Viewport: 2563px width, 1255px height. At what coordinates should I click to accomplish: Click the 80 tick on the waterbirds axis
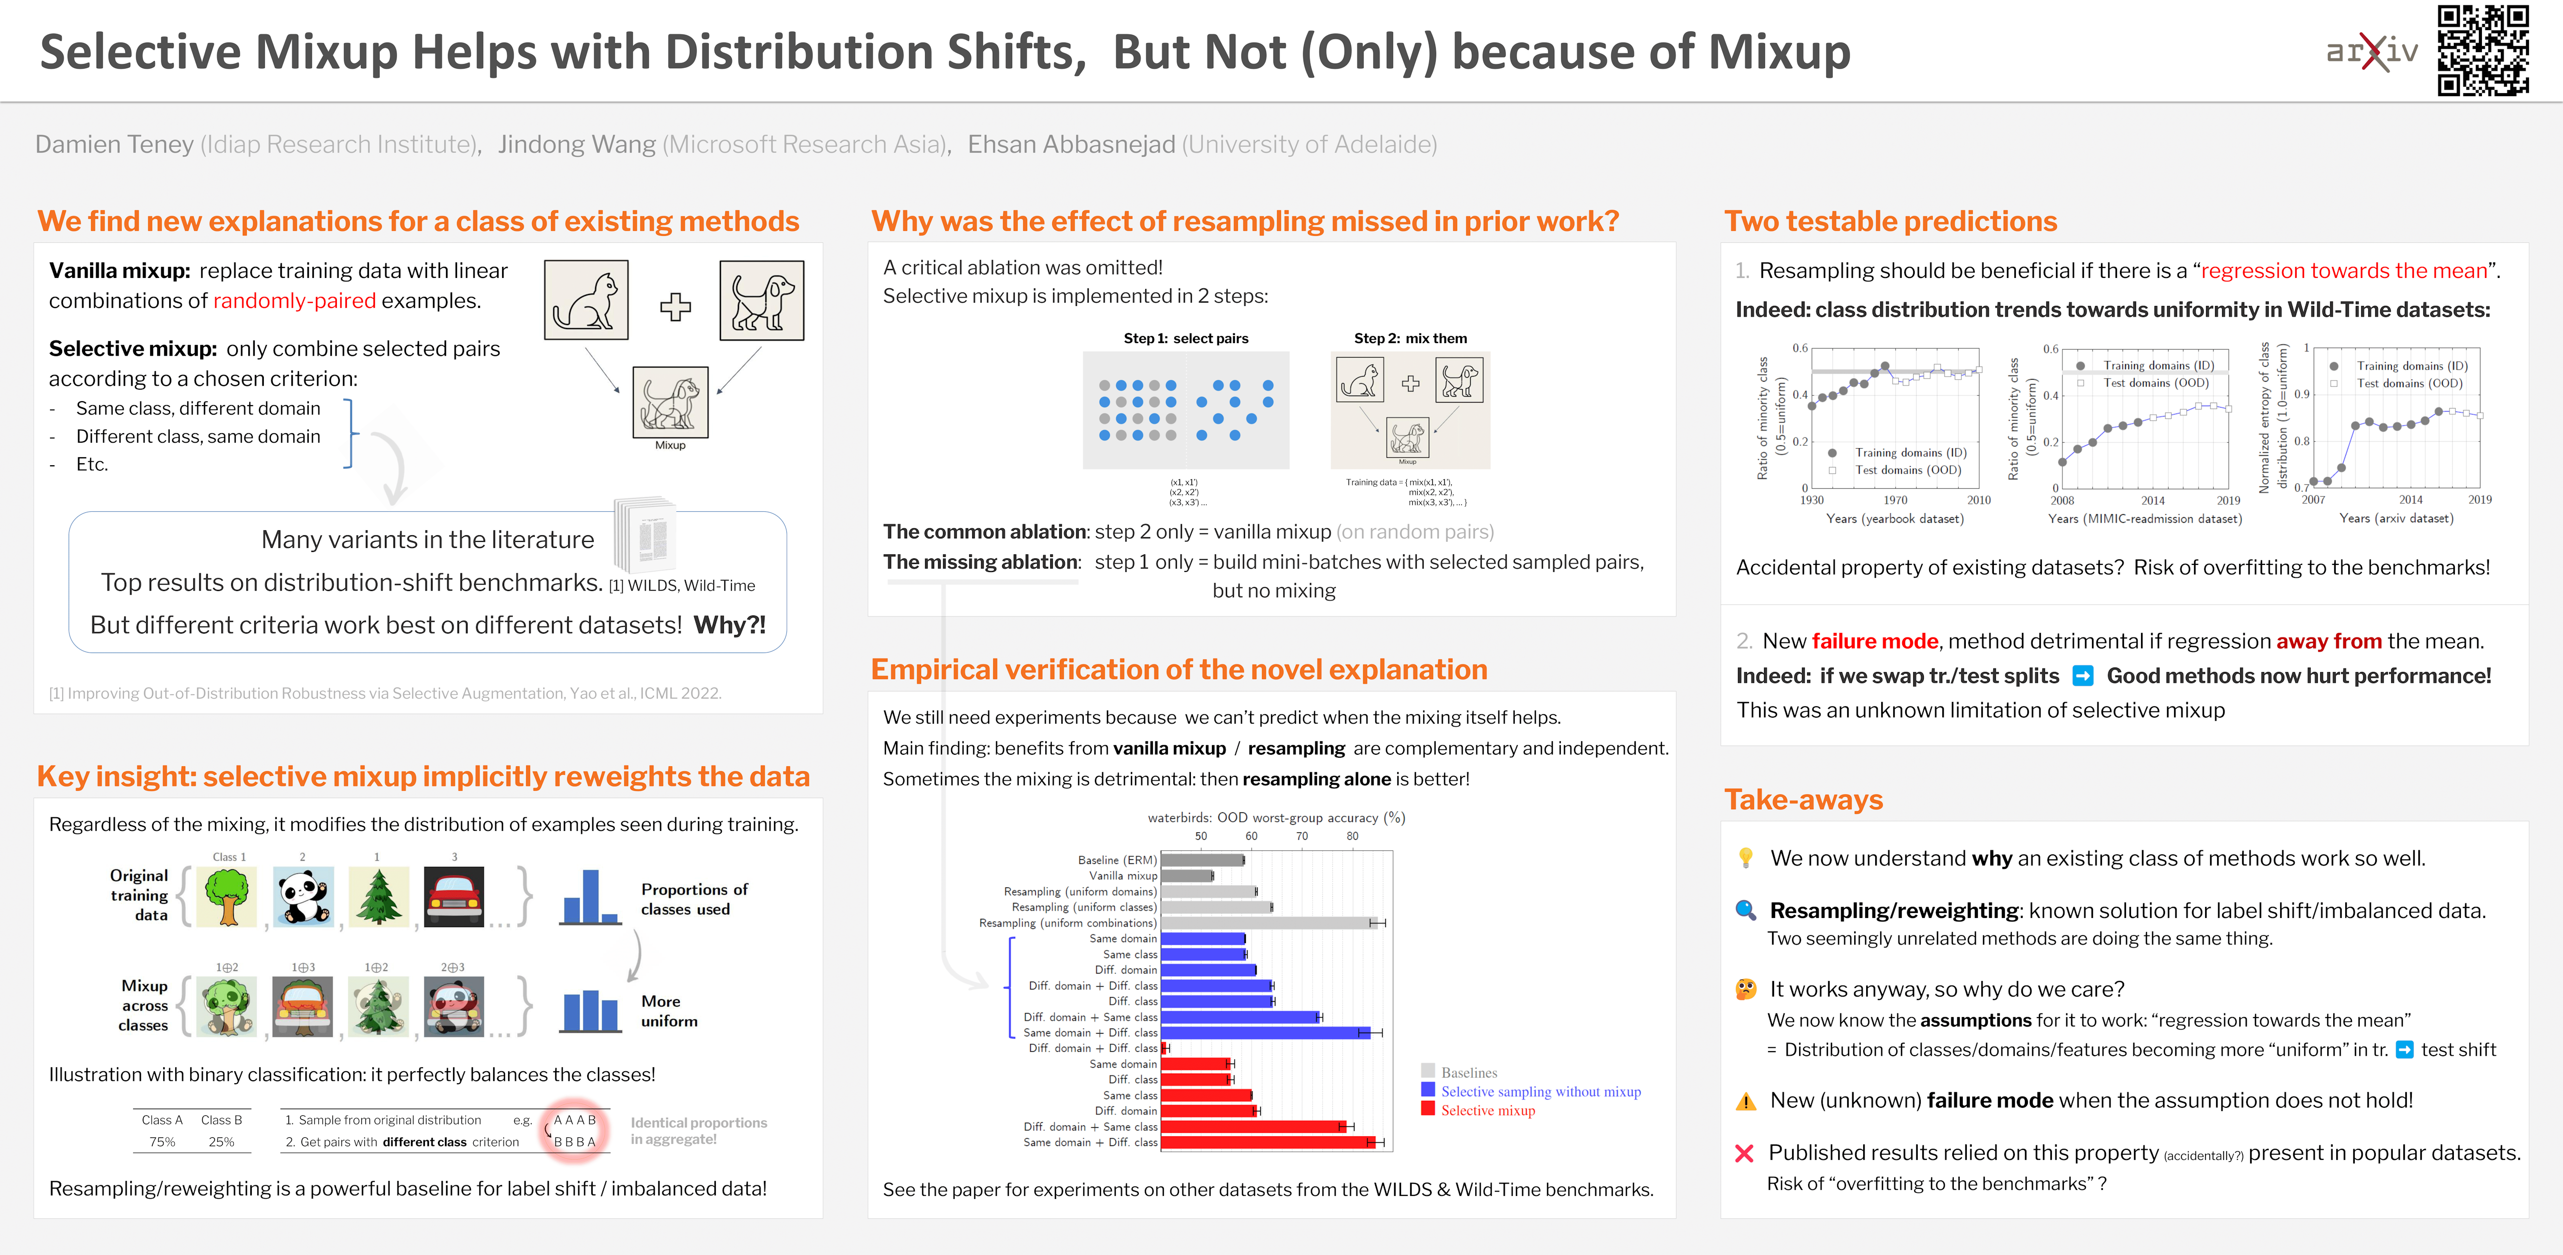1352,836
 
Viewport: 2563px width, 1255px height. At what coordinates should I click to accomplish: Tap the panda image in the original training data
303,897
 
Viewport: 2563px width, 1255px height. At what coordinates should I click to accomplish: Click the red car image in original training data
454,897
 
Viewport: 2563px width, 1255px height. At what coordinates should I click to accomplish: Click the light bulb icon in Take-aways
1745,858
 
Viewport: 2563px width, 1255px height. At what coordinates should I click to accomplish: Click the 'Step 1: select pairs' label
1185,339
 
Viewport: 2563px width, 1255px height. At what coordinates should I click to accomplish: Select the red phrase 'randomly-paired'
294,300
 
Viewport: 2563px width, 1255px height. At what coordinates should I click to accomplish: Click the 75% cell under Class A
162,1141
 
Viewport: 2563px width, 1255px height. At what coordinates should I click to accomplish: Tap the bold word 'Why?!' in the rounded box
729,625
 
